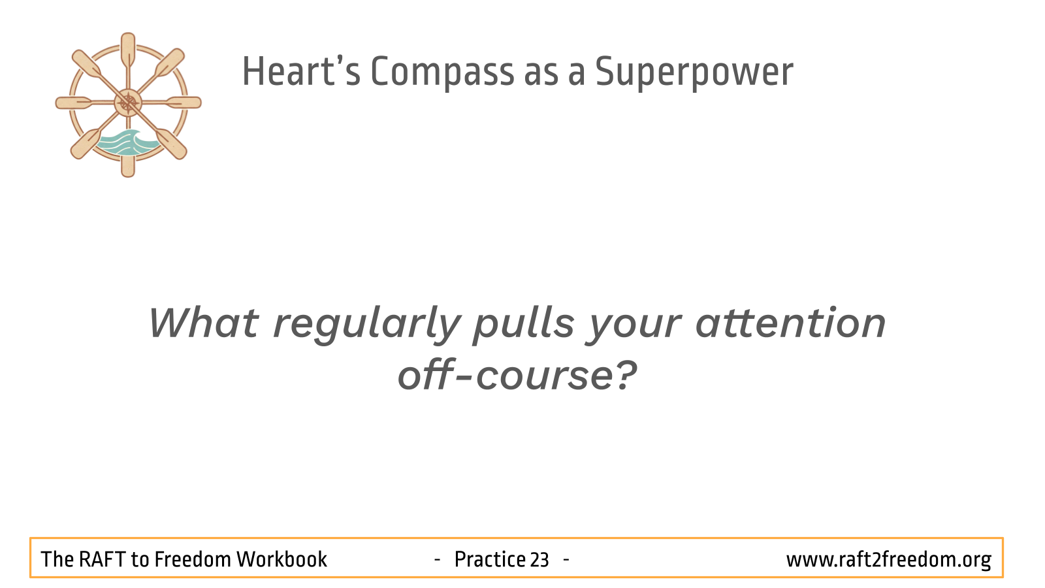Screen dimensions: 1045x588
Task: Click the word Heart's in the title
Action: coord(301,71)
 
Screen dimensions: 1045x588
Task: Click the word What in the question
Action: coord(203,323)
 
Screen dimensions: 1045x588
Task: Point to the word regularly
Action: coord(366,325)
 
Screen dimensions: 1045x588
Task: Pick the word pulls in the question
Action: coord(523,325)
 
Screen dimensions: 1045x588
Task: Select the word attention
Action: coord(790,323)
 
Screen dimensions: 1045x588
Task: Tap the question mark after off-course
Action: coord(624,374)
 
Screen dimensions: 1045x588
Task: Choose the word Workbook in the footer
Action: coord(281,559)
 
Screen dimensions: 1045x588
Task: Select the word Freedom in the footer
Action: coord(193,559)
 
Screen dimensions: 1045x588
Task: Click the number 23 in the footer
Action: coord(539,559)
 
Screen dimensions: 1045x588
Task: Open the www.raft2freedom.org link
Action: coord(889,560)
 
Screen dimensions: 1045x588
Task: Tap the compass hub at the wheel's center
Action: coord(128,103)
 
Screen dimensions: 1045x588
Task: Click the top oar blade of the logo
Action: coord(128,49)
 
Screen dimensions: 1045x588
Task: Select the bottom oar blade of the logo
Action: coord(128,165)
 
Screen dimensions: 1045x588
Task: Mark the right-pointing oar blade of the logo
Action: coord(184,103)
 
